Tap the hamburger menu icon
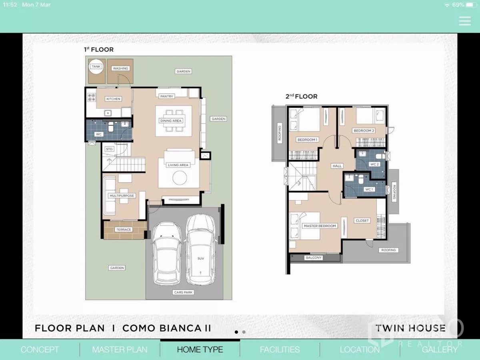coord(464,21)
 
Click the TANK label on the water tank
coord(96,67)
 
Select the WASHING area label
coord(120,68)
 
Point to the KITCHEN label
coord(113,99)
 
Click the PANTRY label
coord(166,96)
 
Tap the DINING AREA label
coord(171,121)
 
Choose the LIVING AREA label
coord(178,165)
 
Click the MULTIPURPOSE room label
coord(122,196)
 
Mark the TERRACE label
coord(124,230)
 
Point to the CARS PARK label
coord(184,292)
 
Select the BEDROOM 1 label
coord(307,140)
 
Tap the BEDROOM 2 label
coord(364,131)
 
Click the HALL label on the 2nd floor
coord(337,166)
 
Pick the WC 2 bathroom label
coord(374,164)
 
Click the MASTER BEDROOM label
coord(320,226)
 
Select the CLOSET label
coord(362,220)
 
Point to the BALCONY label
coord(314,258)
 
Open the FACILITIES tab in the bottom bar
coord(280,350)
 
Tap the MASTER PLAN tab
coord(120,350)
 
